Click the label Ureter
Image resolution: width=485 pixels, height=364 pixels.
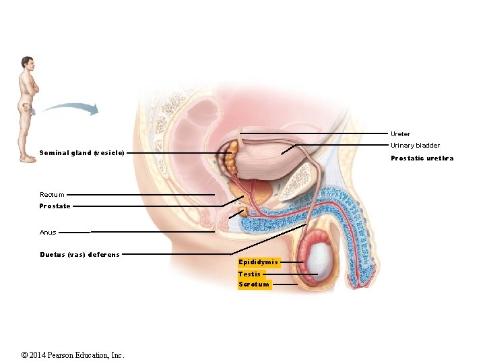click(400, 134)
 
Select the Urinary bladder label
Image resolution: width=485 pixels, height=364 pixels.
click(415, 146)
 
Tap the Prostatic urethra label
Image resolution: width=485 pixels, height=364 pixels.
click(422, 158)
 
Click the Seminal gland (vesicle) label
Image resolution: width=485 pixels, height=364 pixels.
click(82, 153)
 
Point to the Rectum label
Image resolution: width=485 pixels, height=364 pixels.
click(52, 195)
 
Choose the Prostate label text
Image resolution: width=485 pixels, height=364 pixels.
click(55, 206)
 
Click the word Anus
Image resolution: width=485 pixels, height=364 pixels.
click(48, 233)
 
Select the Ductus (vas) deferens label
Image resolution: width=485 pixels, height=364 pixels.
click(79, 255)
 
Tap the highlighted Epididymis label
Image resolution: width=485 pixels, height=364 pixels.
click(258, 262)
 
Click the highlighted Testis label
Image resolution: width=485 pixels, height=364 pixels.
click(249, 274)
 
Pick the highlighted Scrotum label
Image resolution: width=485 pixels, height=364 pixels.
click(254, 284)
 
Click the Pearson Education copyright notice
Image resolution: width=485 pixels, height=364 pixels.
click(73, 355)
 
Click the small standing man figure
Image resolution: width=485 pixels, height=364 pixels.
click(28, 108)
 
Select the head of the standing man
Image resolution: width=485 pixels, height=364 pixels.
click(26, 63)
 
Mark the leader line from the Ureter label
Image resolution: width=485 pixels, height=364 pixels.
click(317, 134)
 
